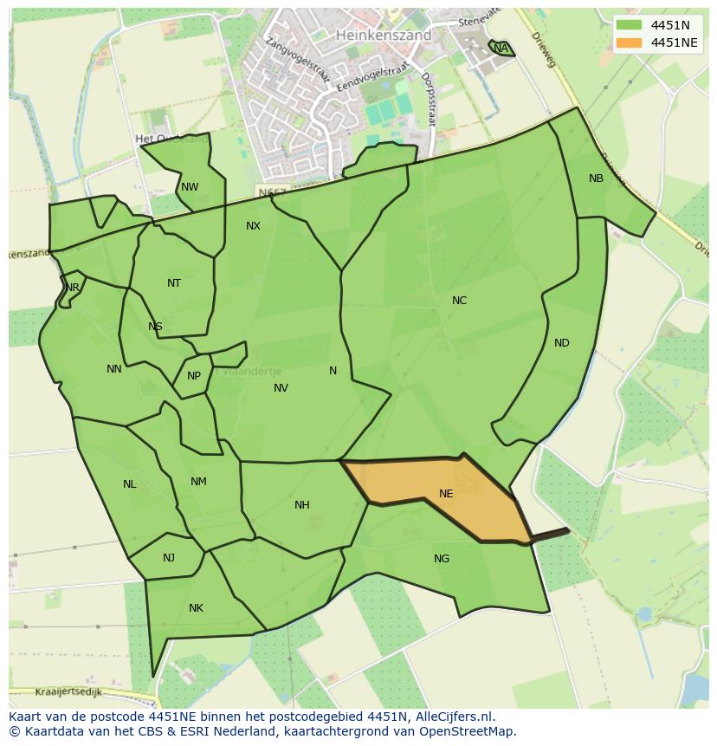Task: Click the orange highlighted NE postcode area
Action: (442, 498)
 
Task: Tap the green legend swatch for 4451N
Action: (629, 25)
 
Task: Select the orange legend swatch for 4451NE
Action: (629, 42)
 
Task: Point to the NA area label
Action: (501, 49)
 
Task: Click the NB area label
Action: (596, 178)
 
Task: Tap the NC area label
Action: (459, 301)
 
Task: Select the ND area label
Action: (561, 343)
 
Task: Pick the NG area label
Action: (442, 559)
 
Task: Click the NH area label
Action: (301, 505)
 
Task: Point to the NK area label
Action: (196, 608)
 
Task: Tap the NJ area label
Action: (169, 558)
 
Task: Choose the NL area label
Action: (129, 484)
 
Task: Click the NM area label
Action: (198, 482)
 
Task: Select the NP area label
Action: (193, 376)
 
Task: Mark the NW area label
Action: (190, 187)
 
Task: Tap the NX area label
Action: (253, 226)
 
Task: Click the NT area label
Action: (174, 283)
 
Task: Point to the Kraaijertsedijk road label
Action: (69, 692)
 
